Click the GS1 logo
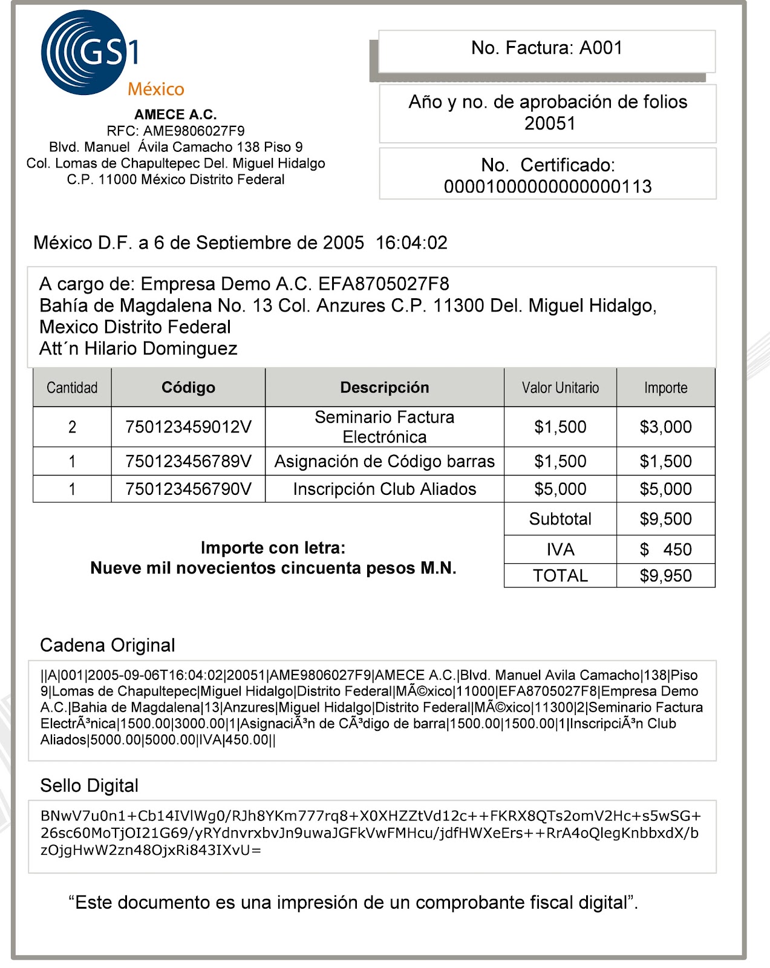pos(90,53)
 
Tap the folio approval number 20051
pos(549,123)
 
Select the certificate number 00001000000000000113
pos(547,186)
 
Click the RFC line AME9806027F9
pos(175,131)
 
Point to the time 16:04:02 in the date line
pos(411,243)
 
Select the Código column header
pos(188,388)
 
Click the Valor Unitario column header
pos(560,388)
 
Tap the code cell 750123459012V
pos(188,427)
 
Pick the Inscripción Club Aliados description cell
pos(385,489)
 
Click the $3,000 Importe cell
pos(665,427)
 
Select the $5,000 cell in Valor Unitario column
pos(560,489)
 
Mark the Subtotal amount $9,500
pos(665,519)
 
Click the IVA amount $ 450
pos(665,549)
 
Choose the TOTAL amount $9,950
pos(665,575)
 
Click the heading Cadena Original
pos(108,646)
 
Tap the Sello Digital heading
pos(90,786)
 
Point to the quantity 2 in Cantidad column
pos(72,427)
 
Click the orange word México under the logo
pos(155,90)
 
